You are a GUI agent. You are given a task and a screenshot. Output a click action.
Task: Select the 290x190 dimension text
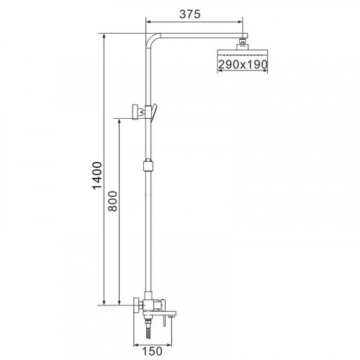point(243,66)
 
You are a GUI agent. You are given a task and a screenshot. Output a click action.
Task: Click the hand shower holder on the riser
point(141,112)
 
